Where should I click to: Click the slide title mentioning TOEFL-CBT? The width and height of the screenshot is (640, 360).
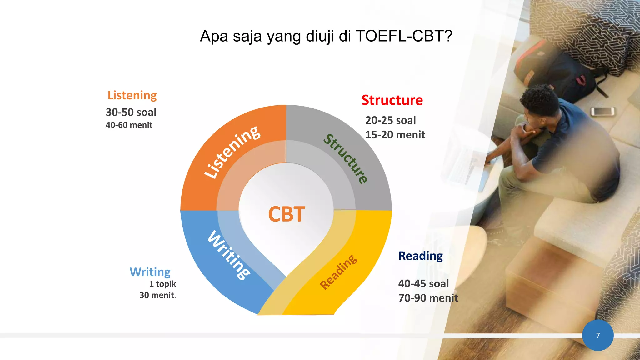click(326, 36)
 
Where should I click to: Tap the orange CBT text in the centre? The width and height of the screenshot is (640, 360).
click(286, 214)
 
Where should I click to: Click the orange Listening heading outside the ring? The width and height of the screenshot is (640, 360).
click(132, 95)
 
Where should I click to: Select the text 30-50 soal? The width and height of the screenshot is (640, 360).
click(131, 112)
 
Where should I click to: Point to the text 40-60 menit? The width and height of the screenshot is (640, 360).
click(129, 125)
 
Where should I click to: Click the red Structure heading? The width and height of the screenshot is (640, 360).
click(392, 100)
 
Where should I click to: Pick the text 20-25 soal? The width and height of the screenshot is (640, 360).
click(390, 120)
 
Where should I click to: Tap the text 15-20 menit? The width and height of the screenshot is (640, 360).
click(395, 135)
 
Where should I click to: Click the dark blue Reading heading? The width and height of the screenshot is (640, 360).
click(420, 256)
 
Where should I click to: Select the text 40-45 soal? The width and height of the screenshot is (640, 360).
click(423, 284)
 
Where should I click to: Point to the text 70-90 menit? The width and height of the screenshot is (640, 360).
click(428, 298)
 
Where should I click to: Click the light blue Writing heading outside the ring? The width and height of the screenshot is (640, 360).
click(150, 272)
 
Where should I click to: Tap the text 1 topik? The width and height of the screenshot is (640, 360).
click(162, 284)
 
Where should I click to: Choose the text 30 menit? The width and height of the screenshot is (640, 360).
click(157, 295)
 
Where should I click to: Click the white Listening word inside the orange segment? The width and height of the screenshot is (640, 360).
click(232, 152)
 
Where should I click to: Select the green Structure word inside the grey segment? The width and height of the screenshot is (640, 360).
click(346, 158)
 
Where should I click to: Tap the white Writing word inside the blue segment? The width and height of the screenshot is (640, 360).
click(229, 255)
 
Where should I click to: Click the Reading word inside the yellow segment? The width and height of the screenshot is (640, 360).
click(338, 272)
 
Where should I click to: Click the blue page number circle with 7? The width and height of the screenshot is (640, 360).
click(597, 335)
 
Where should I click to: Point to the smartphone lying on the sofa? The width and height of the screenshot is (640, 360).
click(602, 111)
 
